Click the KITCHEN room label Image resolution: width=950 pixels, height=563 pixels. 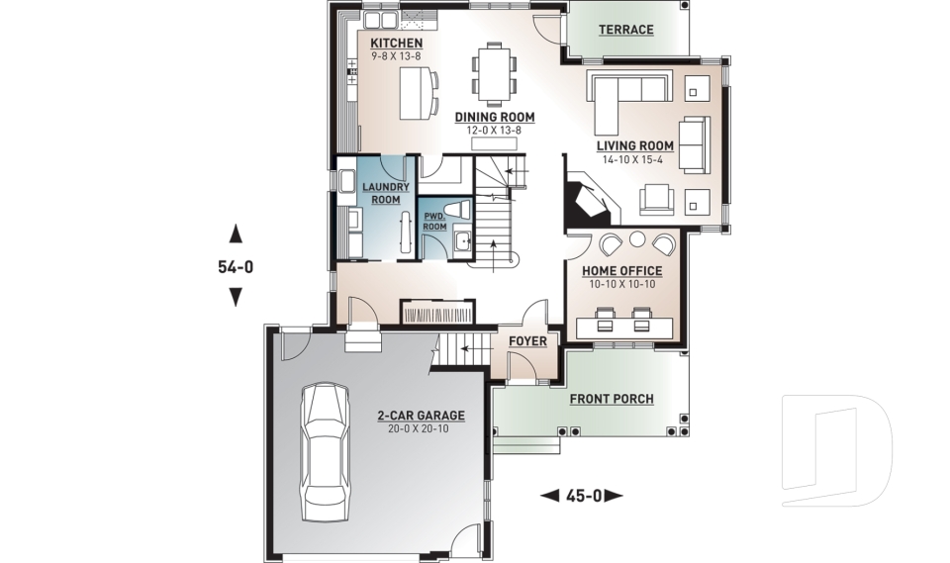pyautogui.click(x=396, y=44)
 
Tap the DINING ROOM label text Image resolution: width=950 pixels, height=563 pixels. pyautogui.click(x=495, y=117)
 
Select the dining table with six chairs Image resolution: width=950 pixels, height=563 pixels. pyautogui.click(x=493, y=72)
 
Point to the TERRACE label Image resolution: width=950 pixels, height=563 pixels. pyautogui.click(x=625, y=30)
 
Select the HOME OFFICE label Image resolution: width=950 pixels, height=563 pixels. pyautogui.click(x=621, y=271)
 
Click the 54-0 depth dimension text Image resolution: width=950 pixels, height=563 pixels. pyautogui.click(x=236, y=266)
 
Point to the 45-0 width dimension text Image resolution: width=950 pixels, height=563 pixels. pyautogui.click(x=583, y=495)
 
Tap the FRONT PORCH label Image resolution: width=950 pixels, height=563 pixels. pyautogui.click(x=612, y=399)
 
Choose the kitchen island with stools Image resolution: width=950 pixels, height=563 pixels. pyautogui.click(x=416, y=91)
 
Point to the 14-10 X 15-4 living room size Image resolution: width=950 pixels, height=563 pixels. pyautogui.click(x=634, y=159)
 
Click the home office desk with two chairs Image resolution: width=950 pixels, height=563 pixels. pyautogui.click(x=624, y=324)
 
